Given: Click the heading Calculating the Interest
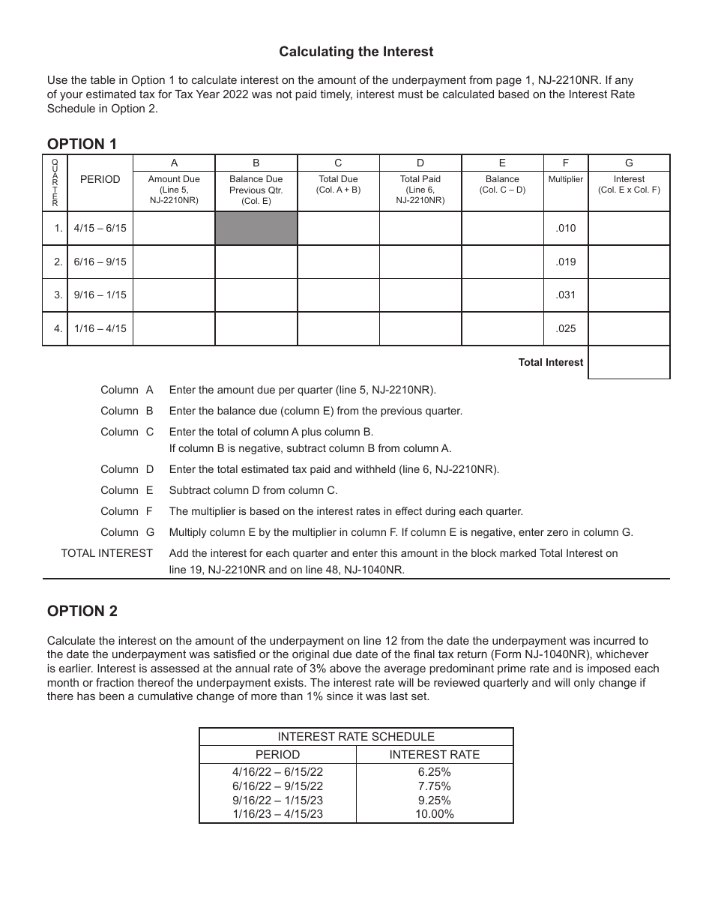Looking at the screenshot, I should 356,52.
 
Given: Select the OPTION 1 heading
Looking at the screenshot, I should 82,144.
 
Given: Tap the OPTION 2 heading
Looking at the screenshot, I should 82,611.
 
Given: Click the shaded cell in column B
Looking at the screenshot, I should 256,228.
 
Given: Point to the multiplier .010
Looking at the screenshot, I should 566,228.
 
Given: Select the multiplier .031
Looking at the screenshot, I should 566,295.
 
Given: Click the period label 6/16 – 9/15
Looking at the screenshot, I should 100,262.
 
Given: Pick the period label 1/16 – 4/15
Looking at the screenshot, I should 100,328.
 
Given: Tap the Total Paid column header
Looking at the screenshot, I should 420,190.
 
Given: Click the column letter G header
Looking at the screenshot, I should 629,163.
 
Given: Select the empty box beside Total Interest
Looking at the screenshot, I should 629,362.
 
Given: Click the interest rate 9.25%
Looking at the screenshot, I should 435,800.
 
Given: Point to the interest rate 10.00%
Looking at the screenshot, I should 435,814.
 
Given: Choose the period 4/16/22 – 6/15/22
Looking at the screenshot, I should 277,771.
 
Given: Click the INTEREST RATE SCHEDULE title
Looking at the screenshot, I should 356,737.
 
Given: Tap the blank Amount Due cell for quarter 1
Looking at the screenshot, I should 174,228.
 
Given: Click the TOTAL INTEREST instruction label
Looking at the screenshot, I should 106,553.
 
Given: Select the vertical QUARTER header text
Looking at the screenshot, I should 55,183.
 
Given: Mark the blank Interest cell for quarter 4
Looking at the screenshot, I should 629,328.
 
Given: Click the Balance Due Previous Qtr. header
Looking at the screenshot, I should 256,190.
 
